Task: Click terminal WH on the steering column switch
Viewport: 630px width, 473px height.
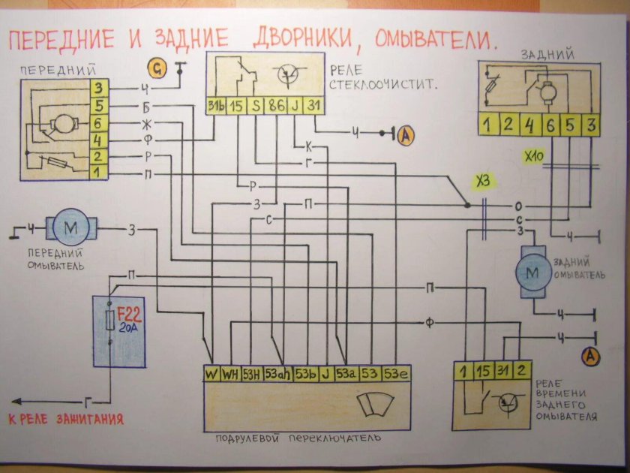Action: click(229, 373)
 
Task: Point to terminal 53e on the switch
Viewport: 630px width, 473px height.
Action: click(395, 373)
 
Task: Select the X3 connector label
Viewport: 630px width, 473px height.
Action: click(485, 181)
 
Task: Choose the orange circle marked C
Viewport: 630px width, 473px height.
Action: click(157, 69)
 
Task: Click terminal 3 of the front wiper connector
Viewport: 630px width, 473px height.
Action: click(97, 89)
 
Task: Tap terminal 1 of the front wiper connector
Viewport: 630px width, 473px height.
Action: click(97, 173)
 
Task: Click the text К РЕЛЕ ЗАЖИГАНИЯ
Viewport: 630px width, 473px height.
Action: click(66, 419)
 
